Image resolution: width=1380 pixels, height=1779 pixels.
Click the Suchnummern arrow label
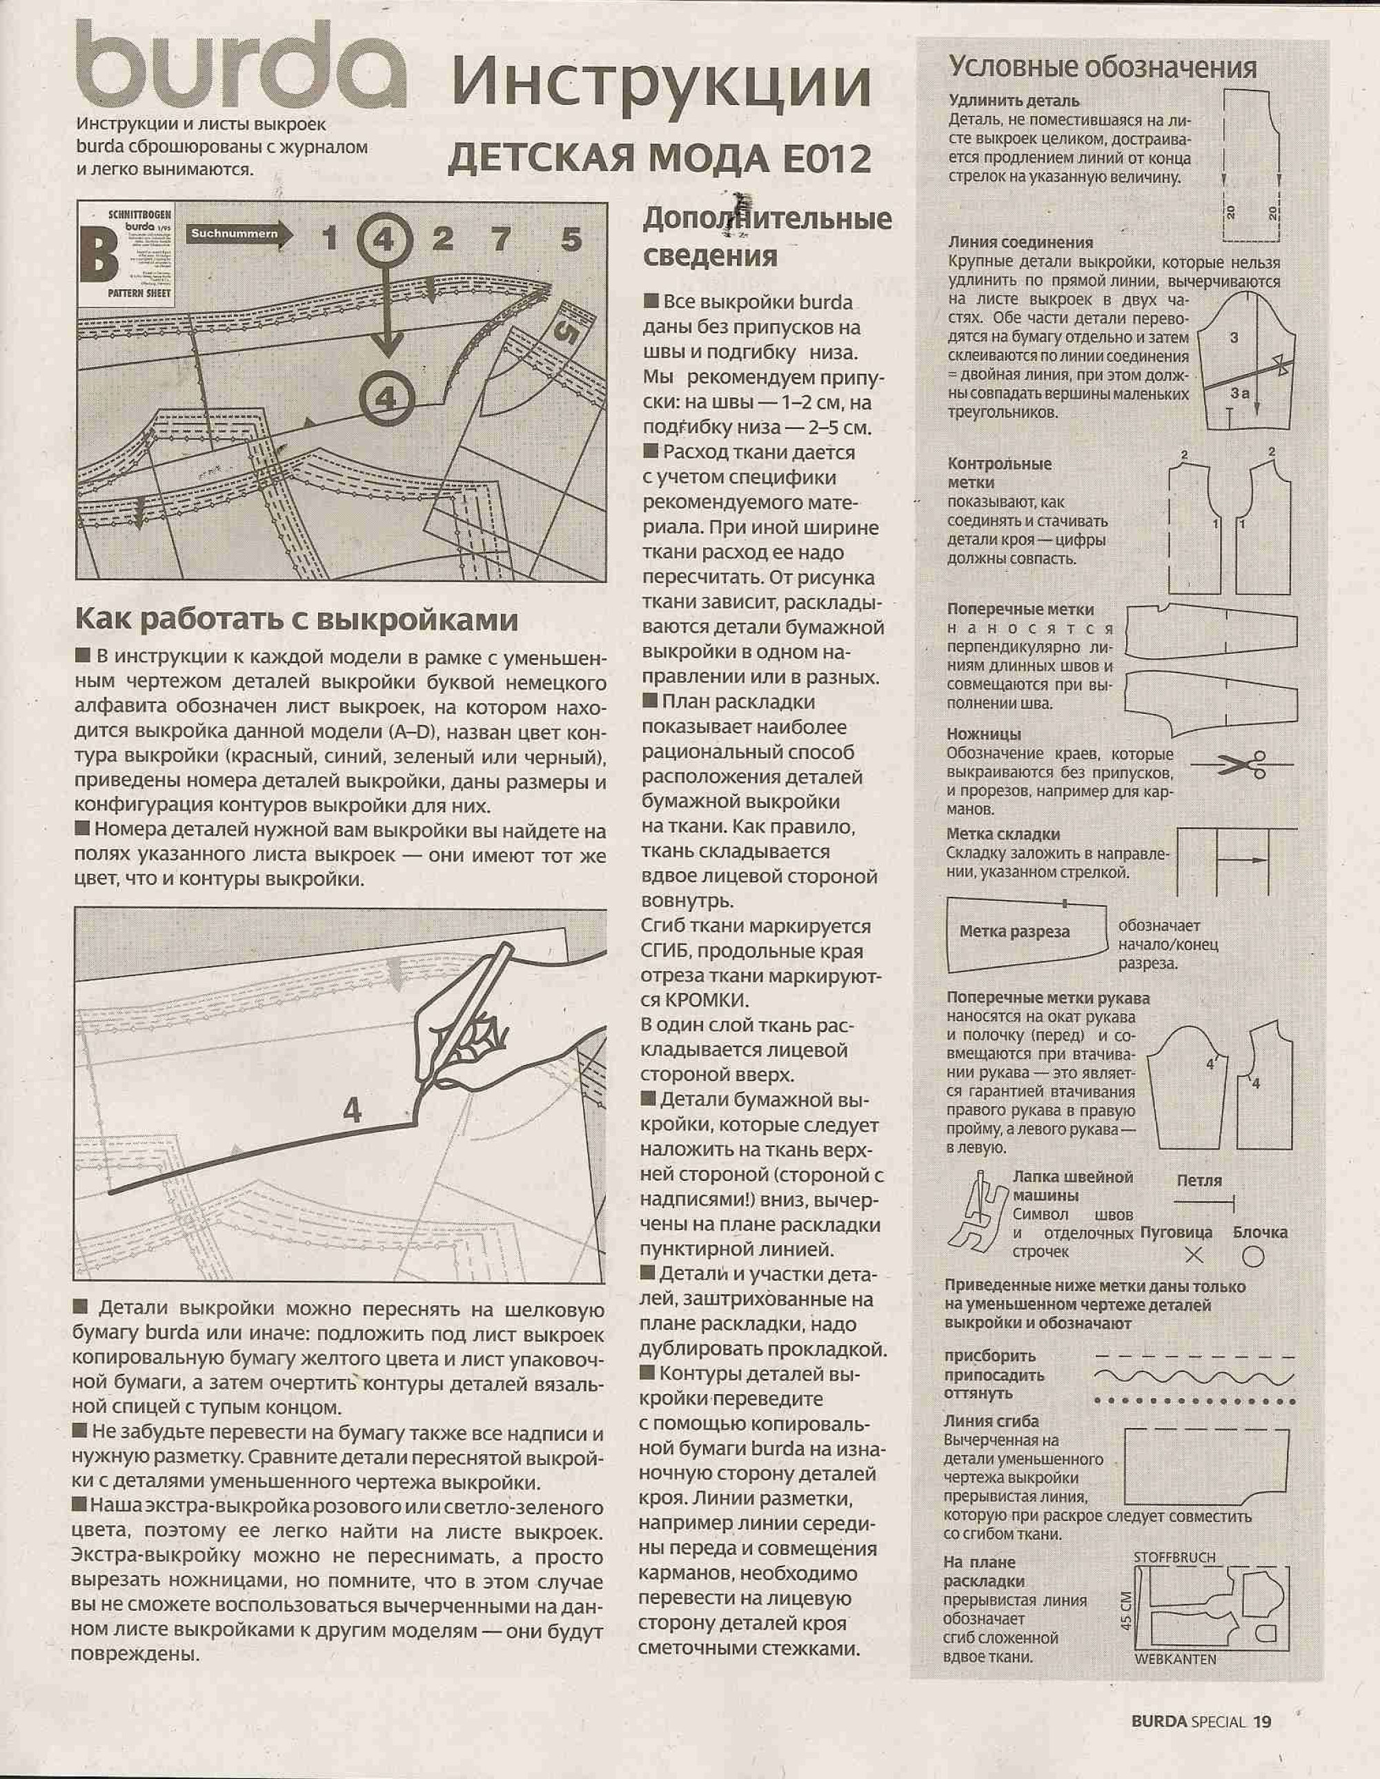[234, 235]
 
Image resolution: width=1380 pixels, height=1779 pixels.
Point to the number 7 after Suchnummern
[501, 239]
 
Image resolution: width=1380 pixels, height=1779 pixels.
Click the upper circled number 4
[384, 239]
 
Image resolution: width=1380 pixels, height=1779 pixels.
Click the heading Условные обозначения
[1103, 67]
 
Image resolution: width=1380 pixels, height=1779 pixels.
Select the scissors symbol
[1241, 764]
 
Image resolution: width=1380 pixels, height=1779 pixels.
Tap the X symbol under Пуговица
[1194, 1255]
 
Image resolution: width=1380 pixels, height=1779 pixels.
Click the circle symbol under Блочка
[1253, 1257]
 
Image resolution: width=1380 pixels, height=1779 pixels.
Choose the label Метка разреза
[1014, 932]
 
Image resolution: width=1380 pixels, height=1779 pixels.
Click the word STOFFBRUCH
[1174, 1558]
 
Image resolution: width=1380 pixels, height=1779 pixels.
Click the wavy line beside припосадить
[1194, 1375]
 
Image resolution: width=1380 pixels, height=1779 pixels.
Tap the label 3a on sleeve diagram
[1240, 392]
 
